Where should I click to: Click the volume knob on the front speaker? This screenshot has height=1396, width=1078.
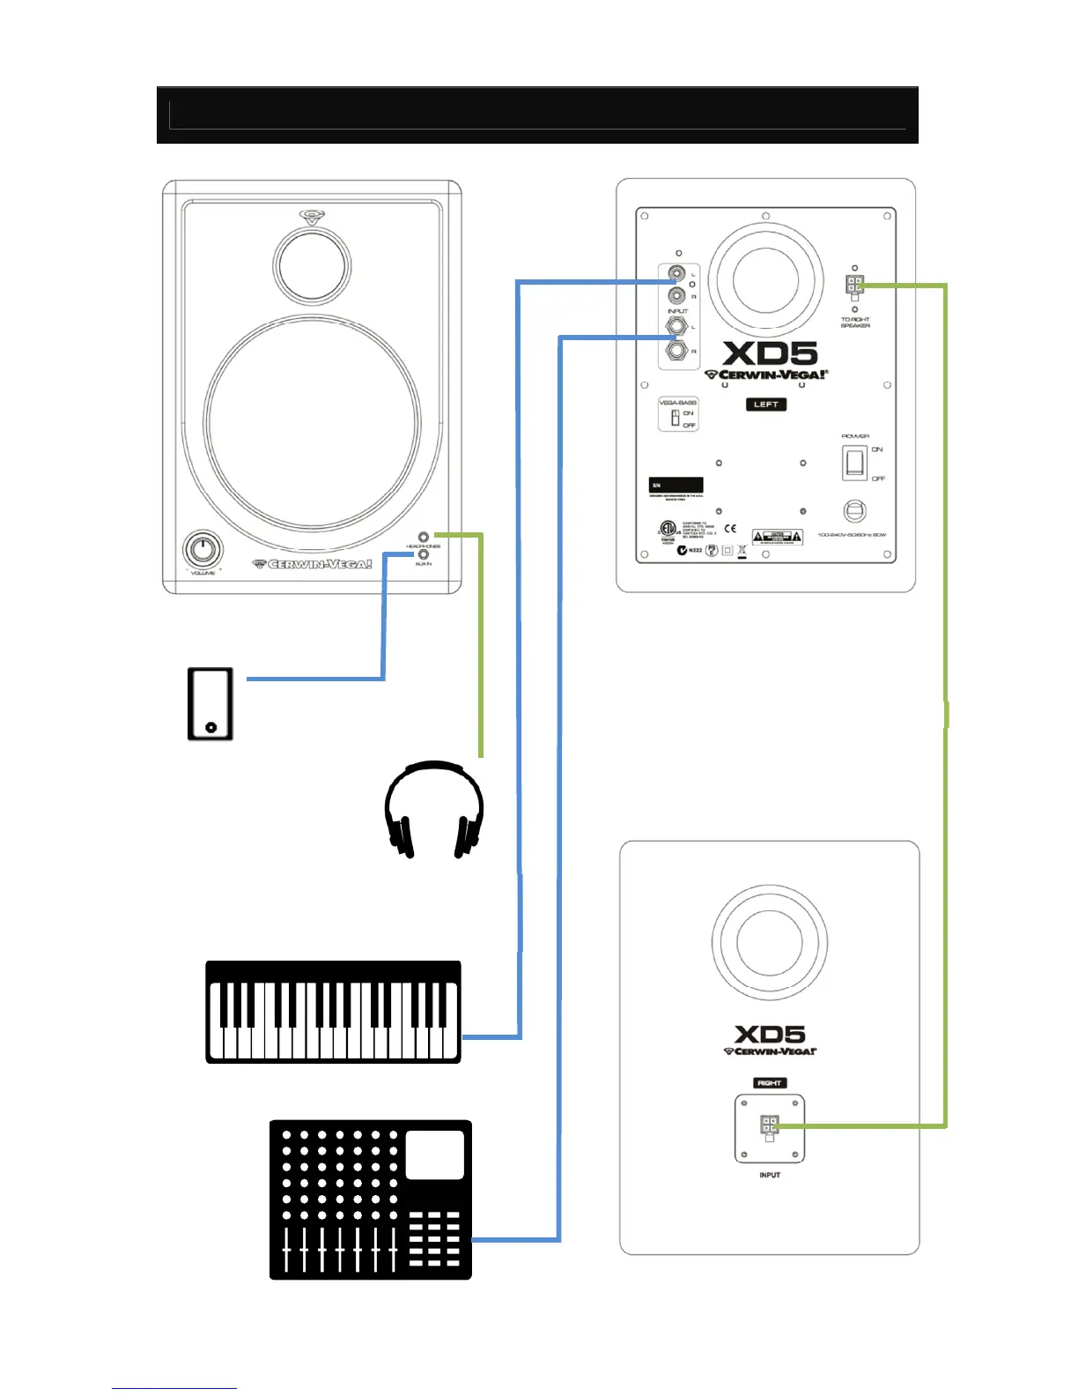(203, 551)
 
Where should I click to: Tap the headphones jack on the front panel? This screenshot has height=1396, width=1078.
(424, 536)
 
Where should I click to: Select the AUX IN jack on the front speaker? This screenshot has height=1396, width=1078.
(424, 554)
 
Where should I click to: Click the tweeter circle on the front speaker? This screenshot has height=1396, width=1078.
(312, 264)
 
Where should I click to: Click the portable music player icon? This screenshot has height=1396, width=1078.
(210, 703)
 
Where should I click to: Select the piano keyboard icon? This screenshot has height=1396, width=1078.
(333, 1012)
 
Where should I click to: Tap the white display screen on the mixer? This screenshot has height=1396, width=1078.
(434, 1155)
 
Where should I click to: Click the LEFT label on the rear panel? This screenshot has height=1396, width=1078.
(765, 405)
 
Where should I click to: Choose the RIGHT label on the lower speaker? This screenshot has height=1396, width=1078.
(769, 1082)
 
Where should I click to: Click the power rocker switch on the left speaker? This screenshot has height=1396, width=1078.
(853, 463)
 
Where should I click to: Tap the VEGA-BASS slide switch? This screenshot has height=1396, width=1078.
(676, 418)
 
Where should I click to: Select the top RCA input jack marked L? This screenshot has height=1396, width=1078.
(676, 274)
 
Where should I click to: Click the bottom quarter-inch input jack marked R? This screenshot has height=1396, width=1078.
(676, 351)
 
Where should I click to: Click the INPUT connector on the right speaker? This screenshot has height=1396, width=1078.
(769, 1126)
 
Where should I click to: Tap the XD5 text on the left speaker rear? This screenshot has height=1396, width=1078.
(770, 354)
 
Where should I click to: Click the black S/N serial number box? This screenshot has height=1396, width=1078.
(676, 485)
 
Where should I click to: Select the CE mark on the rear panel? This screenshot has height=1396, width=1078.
(730, 529)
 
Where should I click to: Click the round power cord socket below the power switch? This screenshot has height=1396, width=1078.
(854, 511)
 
